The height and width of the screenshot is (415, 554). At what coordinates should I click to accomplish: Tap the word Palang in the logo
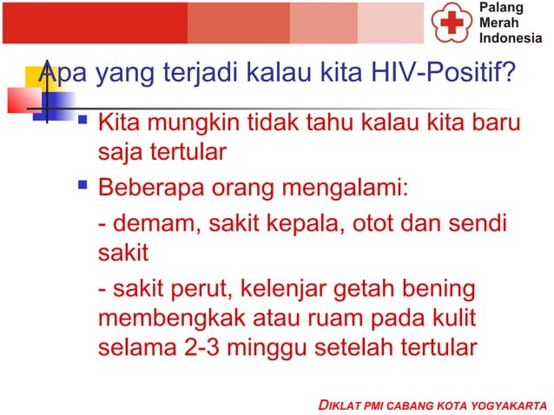pyautogui.click(x=498, y=8)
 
